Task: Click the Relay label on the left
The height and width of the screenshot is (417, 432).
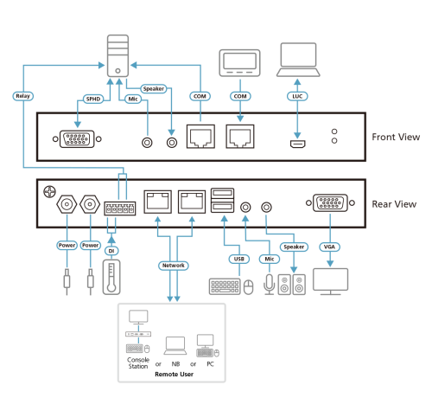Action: [x=22, y=96]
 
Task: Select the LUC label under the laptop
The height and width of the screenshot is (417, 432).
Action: [x=298, y=96]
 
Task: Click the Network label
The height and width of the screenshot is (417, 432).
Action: [x=172, y=265]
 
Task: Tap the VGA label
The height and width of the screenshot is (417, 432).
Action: [x=328, y=247]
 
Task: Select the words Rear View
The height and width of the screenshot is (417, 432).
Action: [x=394, y=204]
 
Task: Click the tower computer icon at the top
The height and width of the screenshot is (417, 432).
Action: [x=118, y=55]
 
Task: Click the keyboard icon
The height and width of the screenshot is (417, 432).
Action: [x=224, y=285]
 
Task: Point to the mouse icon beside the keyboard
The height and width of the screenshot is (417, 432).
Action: [x=249, y=286]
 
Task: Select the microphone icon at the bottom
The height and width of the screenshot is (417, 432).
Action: [x=268, y=284]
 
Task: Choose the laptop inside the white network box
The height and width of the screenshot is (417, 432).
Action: [x=175, y=346]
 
